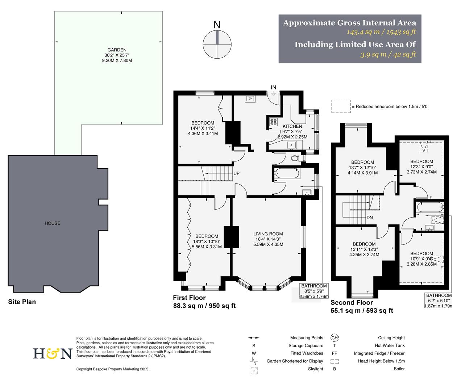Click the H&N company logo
click(x=53, y=353)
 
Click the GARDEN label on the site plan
click(x=117, y=50)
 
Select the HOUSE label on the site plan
click(x=53, y=223)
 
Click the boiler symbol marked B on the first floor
click(x=250, y=98)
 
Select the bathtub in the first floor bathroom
click(x=287, y=175)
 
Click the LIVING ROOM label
click(x=268, y=234)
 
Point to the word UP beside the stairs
click(x=236, y=173)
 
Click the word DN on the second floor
click(x=370, y=218)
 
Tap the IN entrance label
click(x=274, y=87)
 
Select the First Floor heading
click(x=189, y=298)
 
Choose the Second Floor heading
click(x=352, y=303)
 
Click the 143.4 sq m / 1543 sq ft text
click(x=381, y=32)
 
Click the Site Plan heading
click(x=22, y=302)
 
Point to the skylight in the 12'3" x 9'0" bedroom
click(x=423, y=147)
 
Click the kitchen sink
click(x=292, y=145)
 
